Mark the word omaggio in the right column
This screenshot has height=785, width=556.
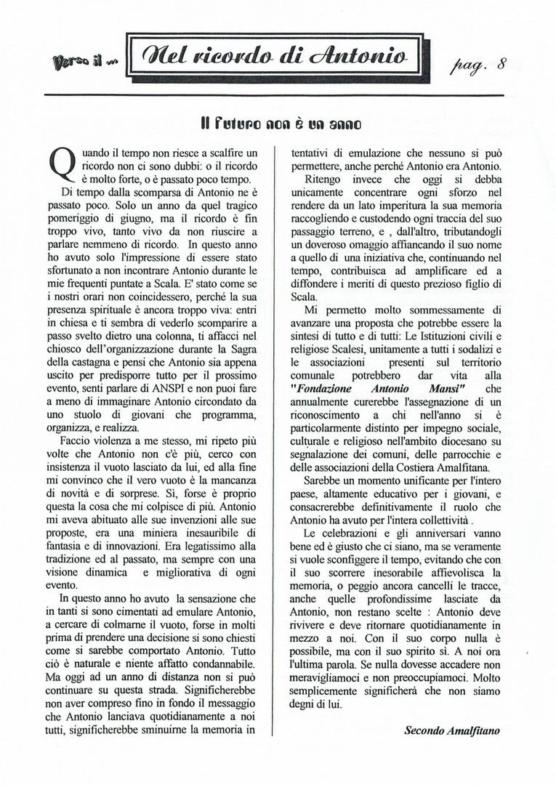tap(358, 245)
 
